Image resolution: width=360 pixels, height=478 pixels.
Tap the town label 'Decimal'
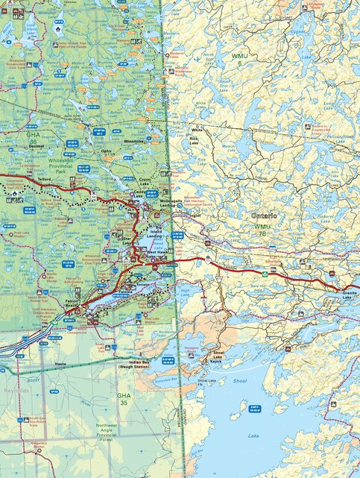pyautogui.click(x=36, y=147)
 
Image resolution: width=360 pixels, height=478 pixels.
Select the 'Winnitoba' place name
pyautogui.click(x=133, y=141)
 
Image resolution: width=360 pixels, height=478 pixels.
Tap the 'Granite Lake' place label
pyautogui.click(x=350, y=295)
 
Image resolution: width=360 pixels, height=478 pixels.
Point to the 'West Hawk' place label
pyautogui.click(x=157, y=254)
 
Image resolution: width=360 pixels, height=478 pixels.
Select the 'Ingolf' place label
pyautogui.click(x=196, y=216)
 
